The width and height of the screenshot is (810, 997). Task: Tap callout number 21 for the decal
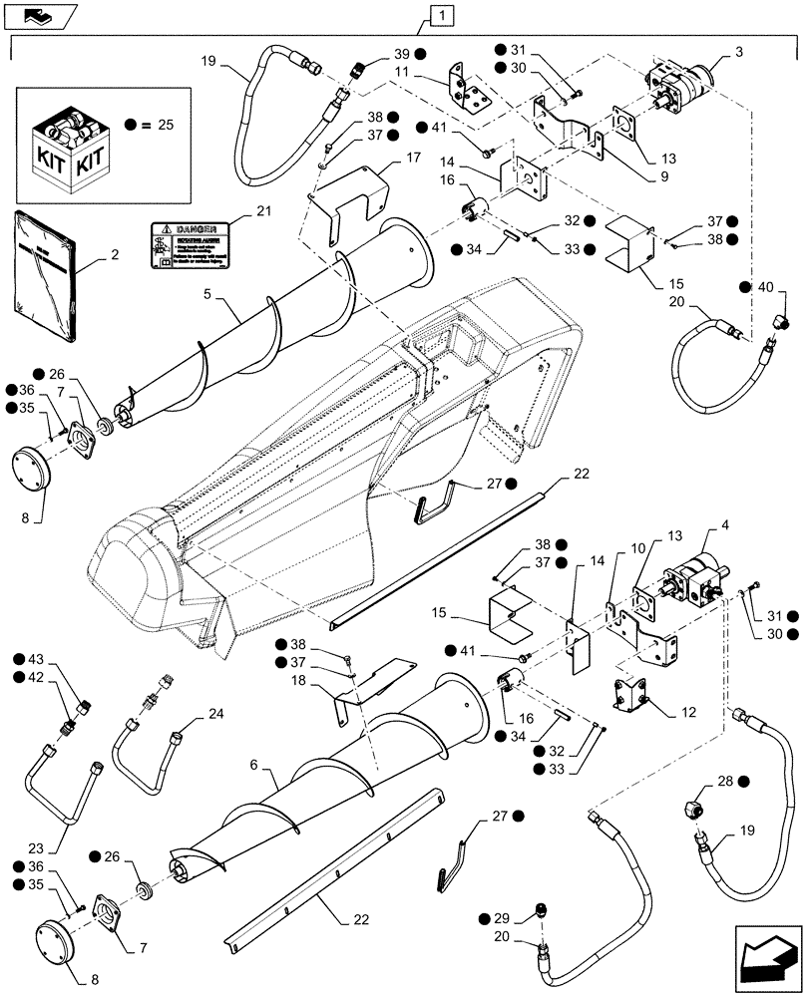point(263,211)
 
